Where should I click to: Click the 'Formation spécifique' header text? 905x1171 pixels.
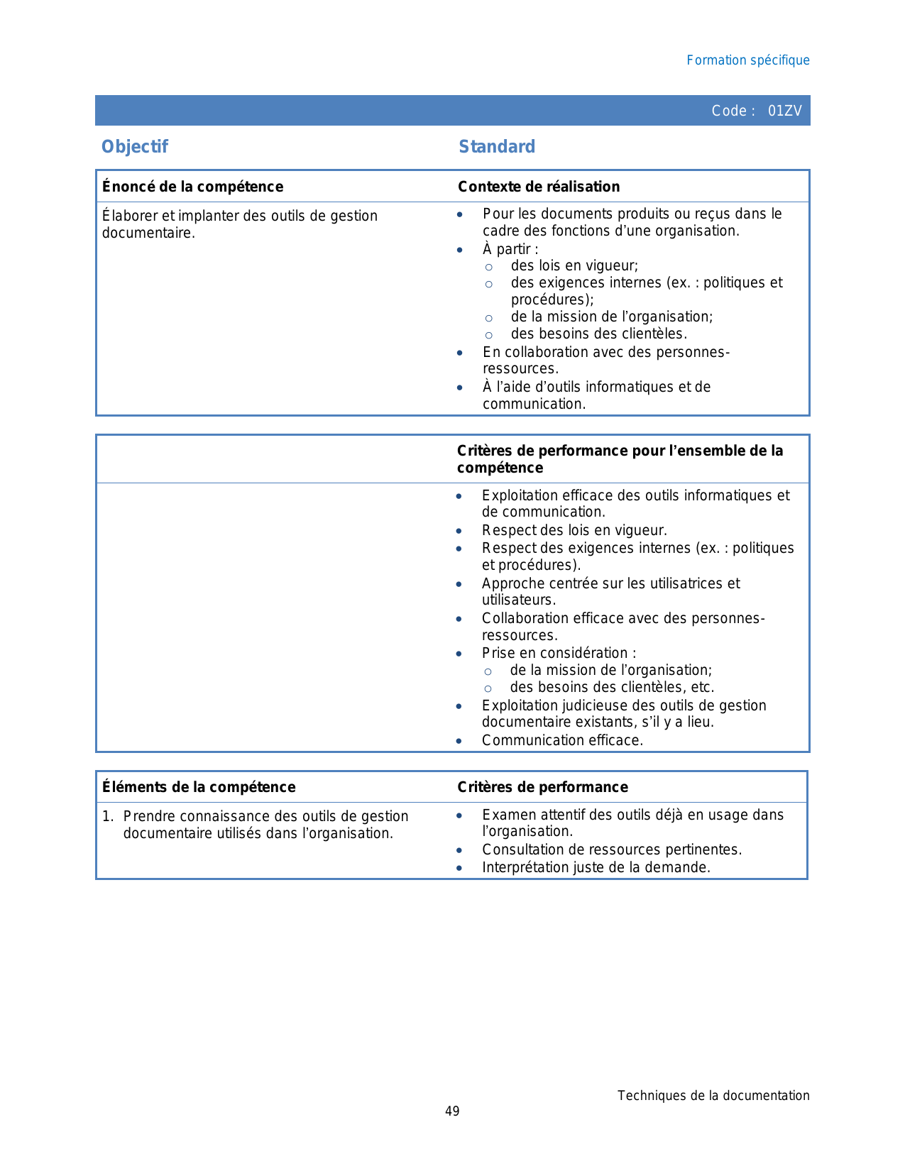(x=747, y=60)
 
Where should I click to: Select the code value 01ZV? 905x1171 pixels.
(x=784, y=111)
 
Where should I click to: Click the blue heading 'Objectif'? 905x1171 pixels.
(x=135, y=147)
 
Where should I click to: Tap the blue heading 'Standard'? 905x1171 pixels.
(x=497, y=147)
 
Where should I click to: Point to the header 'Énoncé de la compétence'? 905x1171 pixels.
(x=192, y=187)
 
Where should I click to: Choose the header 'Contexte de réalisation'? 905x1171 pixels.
(x=539, y=187)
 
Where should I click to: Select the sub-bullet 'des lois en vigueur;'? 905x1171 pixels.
(x=574, y=265)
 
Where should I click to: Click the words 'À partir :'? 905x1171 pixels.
(x=510, y=249)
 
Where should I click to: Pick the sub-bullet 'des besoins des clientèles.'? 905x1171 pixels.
(x=598, y=334)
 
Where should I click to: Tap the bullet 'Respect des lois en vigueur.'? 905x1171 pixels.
(x=574, y=530)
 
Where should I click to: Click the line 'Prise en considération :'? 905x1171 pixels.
(x=559, y=653)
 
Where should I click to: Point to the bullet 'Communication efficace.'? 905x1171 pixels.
(x=562, y=740)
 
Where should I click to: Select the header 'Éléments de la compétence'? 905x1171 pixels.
(x=199, y=787)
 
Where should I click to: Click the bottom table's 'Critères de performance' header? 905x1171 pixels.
(x=542, y=787)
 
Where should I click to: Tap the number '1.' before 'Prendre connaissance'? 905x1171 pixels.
(x=108, y=816)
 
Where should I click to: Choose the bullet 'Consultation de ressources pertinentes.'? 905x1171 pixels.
(x=612, y=850)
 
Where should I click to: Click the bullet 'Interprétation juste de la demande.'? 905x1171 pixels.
(x=596, y=867)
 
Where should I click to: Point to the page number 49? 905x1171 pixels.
(x=452, y=1111)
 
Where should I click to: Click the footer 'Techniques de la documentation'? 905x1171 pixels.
(x=713, y=1096)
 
